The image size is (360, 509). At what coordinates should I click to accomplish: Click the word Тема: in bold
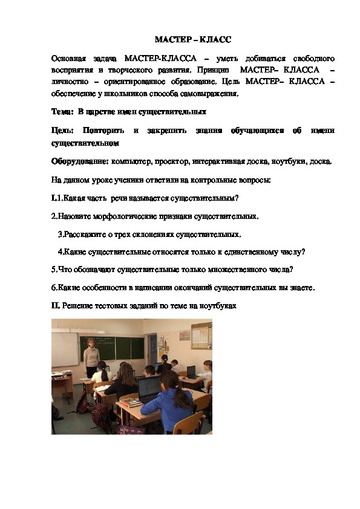pos(62,111)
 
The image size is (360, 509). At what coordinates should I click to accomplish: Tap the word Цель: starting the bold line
pos(63,131)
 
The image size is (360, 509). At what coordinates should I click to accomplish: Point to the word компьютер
pos(131,161)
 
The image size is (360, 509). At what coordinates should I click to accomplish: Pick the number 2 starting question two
pos(53,216)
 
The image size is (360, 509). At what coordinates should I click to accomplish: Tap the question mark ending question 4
pos(303,251)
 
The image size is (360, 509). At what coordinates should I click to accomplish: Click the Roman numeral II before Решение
pos(54,306)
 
